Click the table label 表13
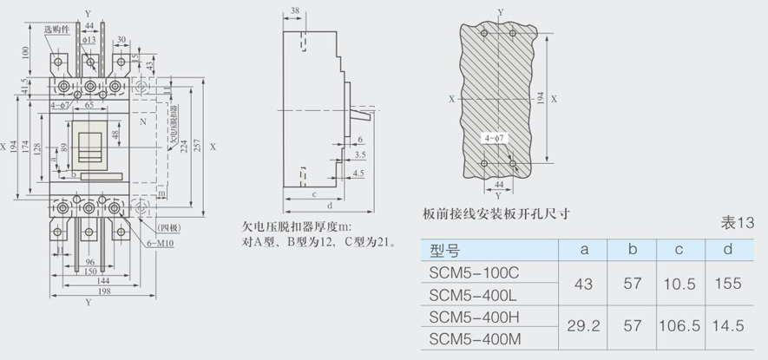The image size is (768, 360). coord(737,223)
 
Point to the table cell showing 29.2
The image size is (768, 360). coord(585,327)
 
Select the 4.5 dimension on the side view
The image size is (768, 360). coord(358,173)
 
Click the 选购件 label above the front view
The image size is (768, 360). coord(56,29)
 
